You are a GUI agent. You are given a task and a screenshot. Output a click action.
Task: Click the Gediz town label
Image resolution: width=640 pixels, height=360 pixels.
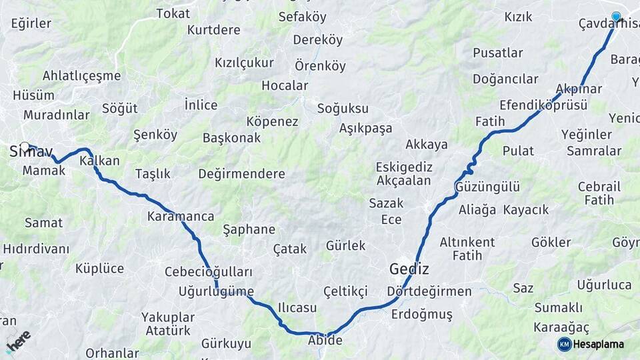coord(409,269)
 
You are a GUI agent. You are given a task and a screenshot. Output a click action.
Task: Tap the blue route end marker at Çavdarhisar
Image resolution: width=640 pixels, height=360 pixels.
coord(616,17)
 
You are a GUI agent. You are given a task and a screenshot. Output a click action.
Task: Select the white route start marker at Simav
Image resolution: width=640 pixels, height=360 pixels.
coord(25,147)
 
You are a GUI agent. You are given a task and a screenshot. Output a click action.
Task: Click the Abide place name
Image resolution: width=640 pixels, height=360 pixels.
coord(325,341)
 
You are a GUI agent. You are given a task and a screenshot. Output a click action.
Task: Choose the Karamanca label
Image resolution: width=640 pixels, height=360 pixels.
coord(181,216)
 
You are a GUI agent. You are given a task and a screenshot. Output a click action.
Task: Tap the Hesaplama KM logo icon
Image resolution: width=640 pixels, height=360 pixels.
coord(565,344)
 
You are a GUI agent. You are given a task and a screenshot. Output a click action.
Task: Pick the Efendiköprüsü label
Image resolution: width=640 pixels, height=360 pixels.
coord(543,105)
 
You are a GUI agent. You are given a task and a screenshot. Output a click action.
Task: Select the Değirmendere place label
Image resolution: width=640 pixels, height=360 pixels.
coord(241,174)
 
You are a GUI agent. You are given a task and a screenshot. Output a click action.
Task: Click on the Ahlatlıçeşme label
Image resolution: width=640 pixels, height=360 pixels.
coord(81,75)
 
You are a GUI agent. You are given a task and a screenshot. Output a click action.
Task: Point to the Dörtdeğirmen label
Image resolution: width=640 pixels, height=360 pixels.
coord(429,291)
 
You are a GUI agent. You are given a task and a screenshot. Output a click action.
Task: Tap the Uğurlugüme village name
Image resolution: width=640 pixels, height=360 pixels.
coord(217,291)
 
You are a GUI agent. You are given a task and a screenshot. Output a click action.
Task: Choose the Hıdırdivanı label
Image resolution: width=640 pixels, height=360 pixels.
coord(36,249)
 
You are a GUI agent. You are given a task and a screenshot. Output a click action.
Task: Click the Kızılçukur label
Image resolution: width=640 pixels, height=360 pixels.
coord(244,63)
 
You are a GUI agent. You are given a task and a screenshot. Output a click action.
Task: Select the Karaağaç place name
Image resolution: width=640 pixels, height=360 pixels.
coord(561,327)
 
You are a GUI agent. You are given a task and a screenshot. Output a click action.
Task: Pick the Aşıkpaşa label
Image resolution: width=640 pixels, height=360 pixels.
coord(365,128)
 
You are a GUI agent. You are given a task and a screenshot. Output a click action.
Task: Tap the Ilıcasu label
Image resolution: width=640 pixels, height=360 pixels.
coord(297,308)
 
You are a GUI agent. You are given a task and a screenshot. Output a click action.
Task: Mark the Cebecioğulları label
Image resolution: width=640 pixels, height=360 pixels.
coord(209,272)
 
